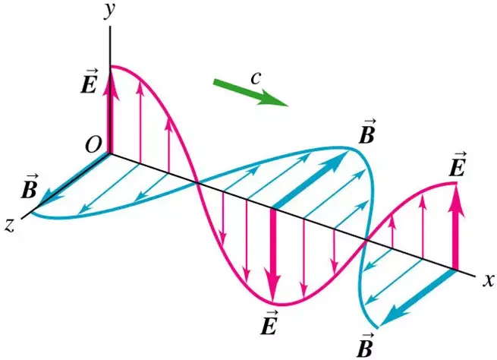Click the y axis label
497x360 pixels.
(110, 11)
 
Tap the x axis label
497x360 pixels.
(489, 280)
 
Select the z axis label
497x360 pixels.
(10, 226)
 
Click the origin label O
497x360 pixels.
(93, 146)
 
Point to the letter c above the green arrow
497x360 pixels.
(256, 78)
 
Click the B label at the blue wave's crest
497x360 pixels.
(367, 131)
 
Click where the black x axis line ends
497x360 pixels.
(475, 276)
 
